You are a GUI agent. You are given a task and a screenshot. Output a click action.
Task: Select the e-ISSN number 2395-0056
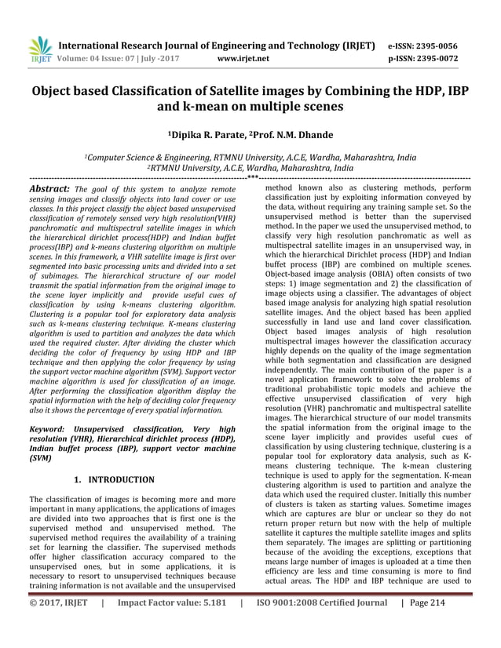[448, 46]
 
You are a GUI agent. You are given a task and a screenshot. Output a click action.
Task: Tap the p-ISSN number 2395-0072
[449, 58]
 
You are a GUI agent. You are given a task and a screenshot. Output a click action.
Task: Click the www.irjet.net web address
[243, 58]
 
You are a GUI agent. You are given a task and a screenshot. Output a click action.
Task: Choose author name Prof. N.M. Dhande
[292, 136]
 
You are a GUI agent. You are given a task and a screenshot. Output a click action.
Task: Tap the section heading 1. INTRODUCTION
[117, 479]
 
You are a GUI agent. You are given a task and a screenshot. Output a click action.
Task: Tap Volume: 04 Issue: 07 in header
[107, 58]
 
